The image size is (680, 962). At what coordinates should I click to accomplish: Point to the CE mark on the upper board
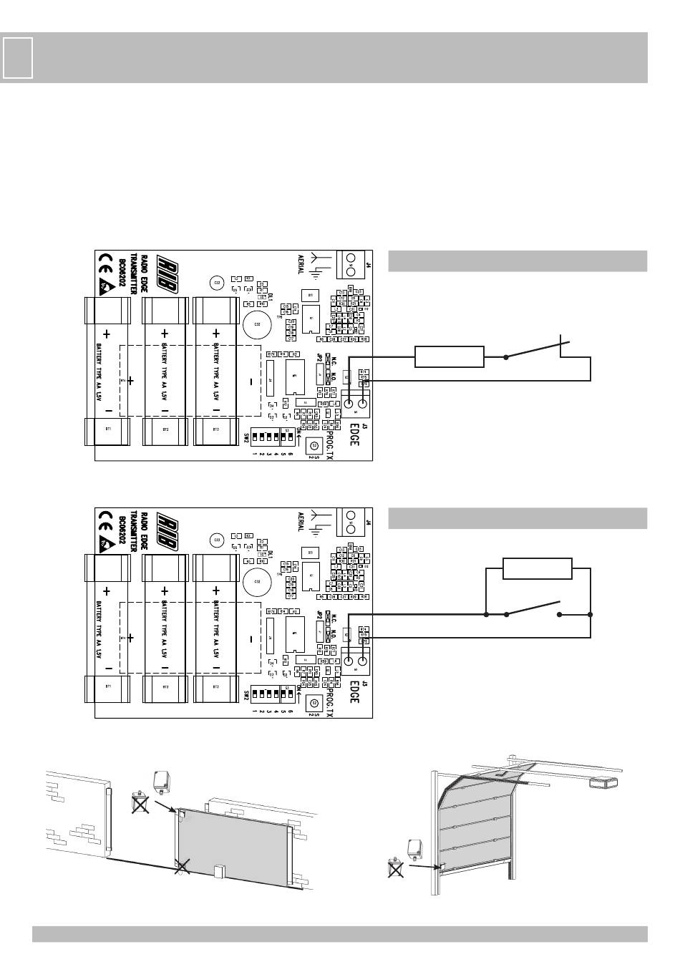pos(105,262)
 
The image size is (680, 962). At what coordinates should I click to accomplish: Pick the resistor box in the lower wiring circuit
pos(537,569)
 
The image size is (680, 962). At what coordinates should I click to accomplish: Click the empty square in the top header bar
pos(17,58)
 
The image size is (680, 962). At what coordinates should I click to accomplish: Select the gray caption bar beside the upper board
pos(517,261)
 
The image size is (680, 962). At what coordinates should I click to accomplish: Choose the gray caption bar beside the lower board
pos(517,518)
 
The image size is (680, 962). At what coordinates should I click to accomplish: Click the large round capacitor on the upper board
pos(256,325)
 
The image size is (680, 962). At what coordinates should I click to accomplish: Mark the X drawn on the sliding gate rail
pos(183,868)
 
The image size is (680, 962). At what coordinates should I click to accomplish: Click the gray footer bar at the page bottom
pos(339,934)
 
